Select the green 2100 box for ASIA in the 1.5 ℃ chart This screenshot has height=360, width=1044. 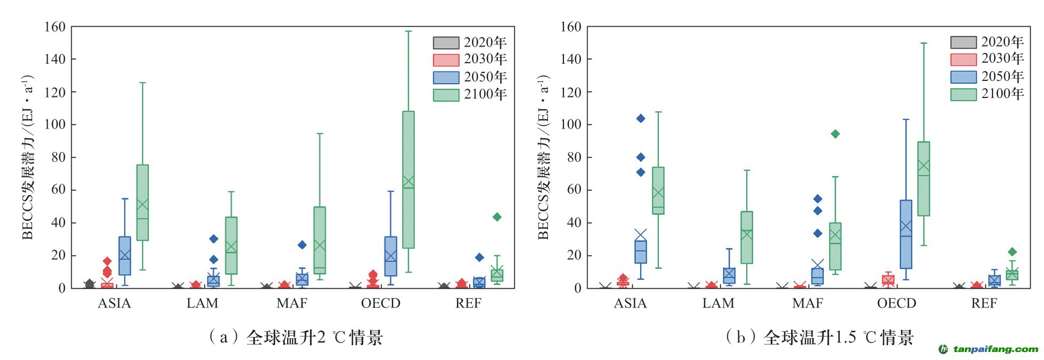(658, 191)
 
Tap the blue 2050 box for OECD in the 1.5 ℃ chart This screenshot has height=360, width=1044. (906, 234)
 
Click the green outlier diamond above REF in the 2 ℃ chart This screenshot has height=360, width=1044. (497, 217)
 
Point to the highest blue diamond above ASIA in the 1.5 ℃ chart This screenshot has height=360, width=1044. (641, 118)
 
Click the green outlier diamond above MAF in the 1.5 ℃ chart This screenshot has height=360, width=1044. (835, 134)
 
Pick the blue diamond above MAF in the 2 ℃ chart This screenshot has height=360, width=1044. (302, 245)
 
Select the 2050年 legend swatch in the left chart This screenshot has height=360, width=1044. (446, 77)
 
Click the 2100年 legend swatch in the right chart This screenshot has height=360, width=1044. (963, 94)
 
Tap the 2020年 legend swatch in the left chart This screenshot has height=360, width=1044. (446, 42)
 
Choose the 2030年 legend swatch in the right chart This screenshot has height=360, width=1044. (963, 59)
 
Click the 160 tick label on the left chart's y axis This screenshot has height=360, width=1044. (55, 27)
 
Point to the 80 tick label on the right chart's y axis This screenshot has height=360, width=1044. (570, 157)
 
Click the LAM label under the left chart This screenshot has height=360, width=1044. (202, 304)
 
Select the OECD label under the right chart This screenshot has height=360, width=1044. (897, 304)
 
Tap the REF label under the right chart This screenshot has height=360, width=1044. (984, 304)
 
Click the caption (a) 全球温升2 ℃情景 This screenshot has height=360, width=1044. (296, 337)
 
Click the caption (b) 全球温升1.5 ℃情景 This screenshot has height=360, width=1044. (820, 337)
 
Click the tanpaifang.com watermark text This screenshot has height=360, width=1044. (995, 349)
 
